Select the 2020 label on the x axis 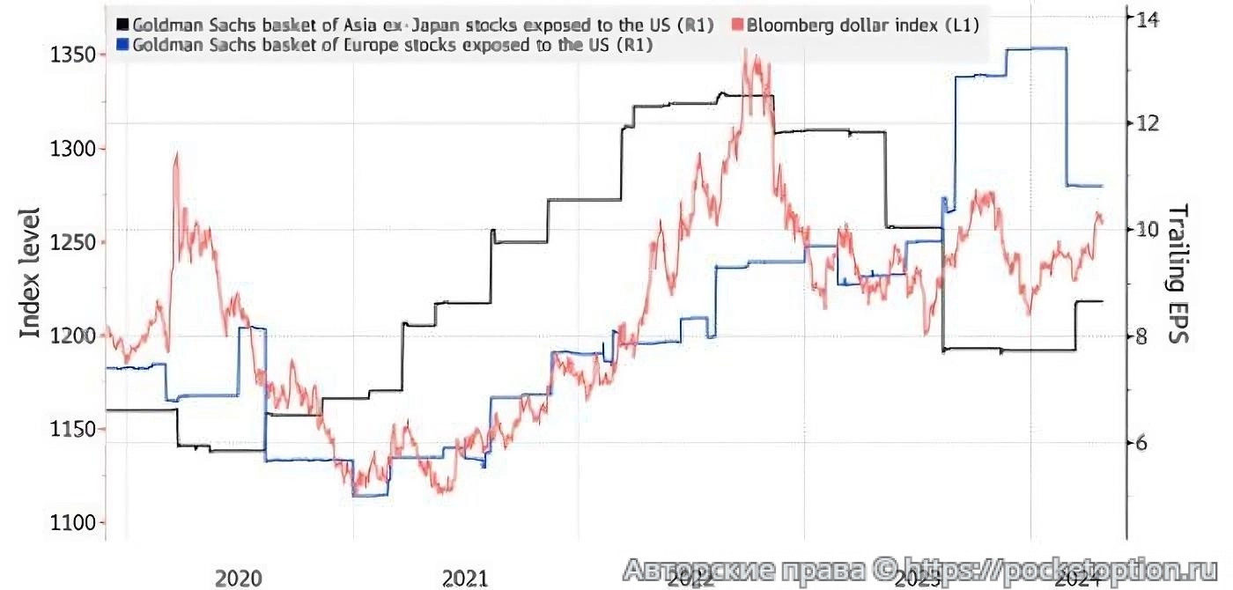239,578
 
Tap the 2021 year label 465,578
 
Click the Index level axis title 30,273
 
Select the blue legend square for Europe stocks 122,46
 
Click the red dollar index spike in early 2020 177,159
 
